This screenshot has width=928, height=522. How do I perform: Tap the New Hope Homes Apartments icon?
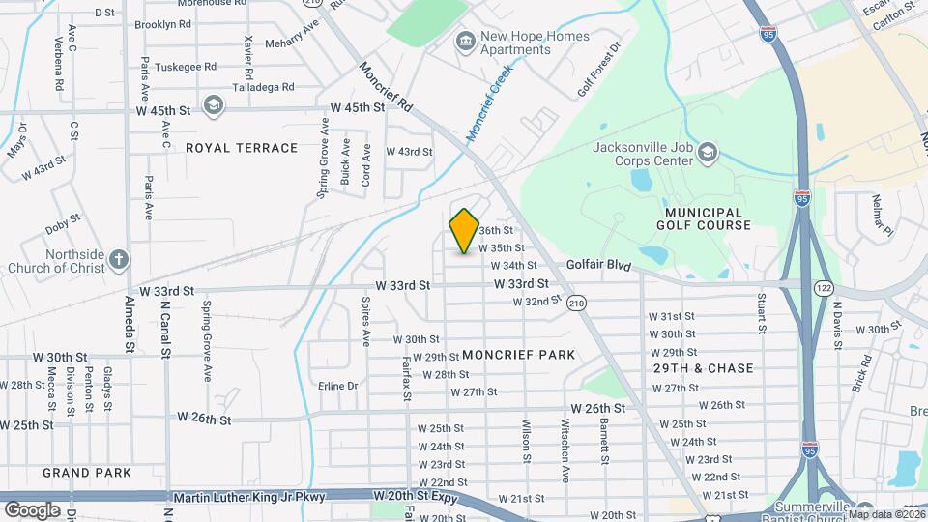[466, 39]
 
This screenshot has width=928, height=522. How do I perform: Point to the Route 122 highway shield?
[824, 288]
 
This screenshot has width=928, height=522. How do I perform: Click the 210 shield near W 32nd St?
[577, 303]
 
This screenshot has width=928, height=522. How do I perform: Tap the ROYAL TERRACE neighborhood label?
[242, 148]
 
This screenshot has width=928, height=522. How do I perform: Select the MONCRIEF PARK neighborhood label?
[518, 355]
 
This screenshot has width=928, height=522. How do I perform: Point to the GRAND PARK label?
[87, 473]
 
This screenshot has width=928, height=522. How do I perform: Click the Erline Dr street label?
[337, 386]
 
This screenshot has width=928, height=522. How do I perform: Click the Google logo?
[32, 509]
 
